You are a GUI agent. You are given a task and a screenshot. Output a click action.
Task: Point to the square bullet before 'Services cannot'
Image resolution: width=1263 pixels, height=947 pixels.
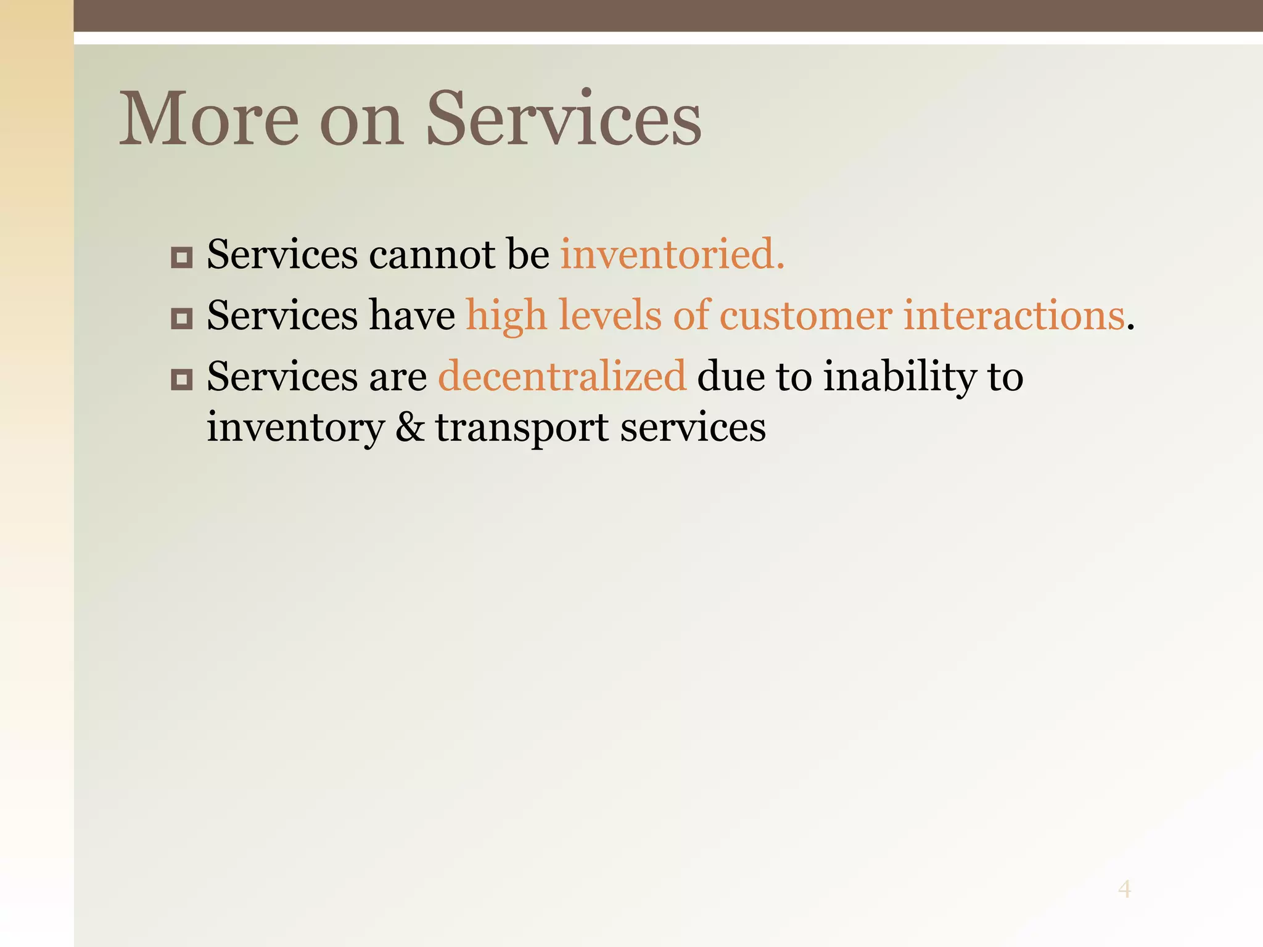click(x=181, y=256)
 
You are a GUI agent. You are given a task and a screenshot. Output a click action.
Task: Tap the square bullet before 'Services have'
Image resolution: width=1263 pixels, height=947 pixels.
click(x=181, y=318)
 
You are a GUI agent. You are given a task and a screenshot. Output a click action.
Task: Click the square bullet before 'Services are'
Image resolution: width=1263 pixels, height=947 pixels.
click(x=181, y=379)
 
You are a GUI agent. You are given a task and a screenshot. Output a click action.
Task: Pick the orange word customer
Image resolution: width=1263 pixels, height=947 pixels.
click(x=805, y=316)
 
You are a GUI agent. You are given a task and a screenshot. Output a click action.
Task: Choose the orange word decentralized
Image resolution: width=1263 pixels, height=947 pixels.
click(x=562, y=376)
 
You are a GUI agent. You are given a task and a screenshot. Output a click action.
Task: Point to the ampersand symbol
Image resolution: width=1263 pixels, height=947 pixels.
click(x=409, y=427)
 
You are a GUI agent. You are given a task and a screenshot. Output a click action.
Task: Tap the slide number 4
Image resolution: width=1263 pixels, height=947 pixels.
click(x=1124, y=889)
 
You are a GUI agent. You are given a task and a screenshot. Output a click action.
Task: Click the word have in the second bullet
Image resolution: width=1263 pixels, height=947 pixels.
click(x=411, y=316)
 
